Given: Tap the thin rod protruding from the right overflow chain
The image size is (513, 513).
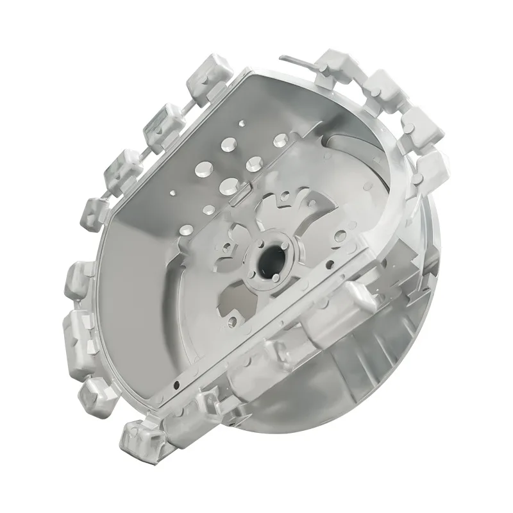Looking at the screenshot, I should (296, 60).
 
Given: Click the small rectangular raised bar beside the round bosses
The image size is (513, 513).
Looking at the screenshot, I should (237, 190).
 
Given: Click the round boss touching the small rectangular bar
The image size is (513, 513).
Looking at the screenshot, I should (228, 185).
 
